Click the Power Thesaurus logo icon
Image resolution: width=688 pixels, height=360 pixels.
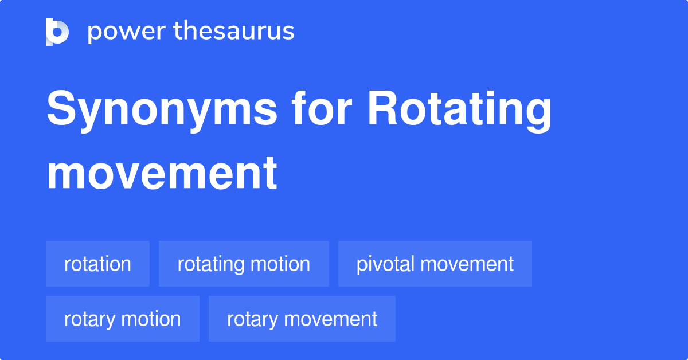57,32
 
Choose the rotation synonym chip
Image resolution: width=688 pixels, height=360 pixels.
97,264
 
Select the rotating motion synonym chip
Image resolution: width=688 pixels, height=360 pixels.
244,264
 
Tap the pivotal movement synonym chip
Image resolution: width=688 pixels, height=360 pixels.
435,264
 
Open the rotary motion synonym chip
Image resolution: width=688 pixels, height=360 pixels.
122,319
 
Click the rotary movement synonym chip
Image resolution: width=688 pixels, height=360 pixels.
302,319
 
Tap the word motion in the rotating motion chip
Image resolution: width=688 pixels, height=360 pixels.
282,264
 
